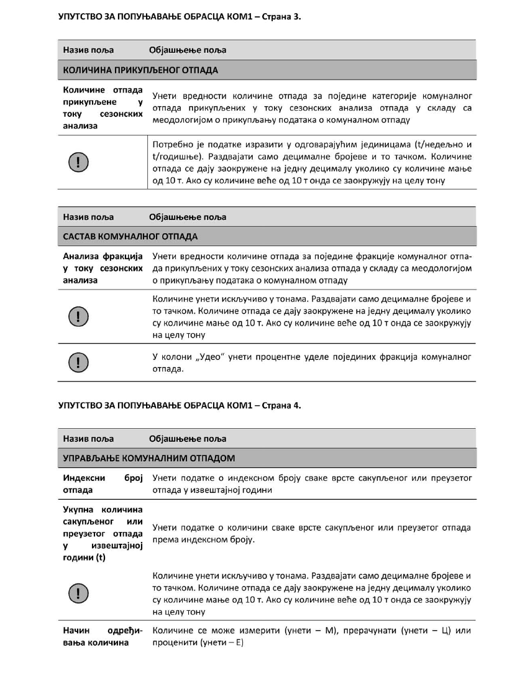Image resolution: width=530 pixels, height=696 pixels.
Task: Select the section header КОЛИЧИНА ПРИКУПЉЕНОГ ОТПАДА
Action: (140, 70)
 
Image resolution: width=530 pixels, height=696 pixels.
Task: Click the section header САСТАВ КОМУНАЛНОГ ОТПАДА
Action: (130, 237)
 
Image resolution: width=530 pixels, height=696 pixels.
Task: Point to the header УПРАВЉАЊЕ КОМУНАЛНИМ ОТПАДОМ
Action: (149, 459)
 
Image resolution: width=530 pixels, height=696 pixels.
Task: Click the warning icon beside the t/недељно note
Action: (77, 162)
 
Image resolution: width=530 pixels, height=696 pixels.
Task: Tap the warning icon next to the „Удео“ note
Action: (77, 363)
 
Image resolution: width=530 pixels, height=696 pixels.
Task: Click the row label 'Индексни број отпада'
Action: (103, 484)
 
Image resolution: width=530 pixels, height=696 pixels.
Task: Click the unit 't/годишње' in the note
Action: (175, 157)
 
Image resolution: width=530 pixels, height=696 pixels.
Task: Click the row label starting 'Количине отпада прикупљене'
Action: (103, 109)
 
